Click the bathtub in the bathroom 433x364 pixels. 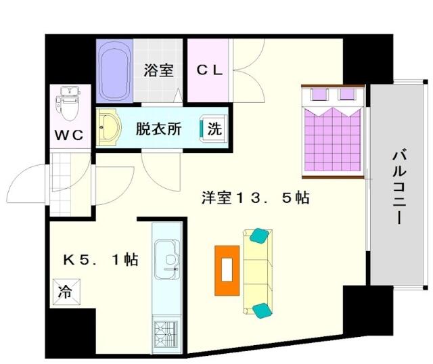coord(114,71)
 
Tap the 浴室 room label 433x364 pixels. coord(158,70)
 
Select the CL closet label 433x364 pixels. coord(210,70)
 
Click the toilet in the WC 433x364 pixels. coord(68,104)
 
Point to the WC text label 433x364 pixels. coord(69,135)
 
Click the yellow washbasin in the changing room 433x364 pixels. coord(109,127)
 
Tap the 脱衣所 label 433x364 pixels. coord(159,129)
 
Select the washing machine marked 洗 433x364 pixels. coord(213,129)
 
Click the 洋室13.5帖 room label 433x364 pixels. coord(256,198)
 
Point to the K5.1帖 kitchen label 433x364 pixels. coord(101,260)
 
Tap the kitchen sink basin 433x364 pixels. coord(167,259)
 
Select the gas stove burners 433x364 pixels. coord(166,334)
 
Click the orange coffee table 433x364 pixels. coord(227,271)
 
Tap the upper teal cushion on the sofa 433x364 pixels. coord(259,235)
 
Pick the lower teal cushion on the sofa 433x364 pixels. coord(262,311)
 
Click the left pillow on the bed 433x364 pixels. coord(319,95)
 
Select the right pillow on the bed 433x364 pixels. coord(347,95)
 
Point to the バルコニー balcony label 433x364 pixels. coord(399,187)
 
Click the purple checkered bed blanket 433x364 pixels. coord(332,139)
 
